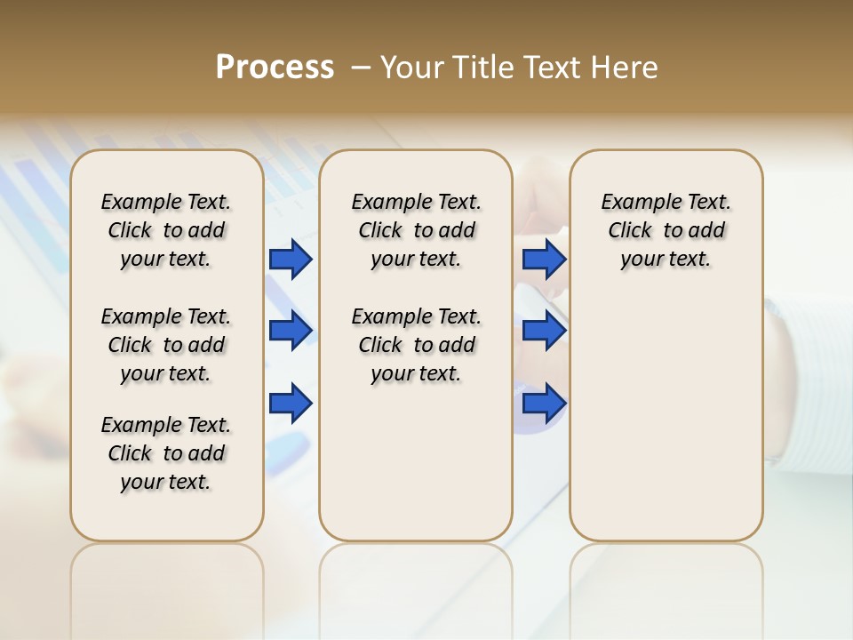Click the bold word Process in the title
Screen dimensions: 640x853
pos(275,68)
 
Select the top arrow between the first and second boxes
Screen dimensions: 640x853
pos(291,260)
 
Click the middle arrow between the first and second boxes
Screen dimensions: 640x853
pos(291,332)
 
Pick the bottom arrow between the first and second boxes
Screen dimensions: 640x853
pos(291,404)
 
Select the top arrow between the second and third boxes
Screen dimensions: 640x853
pos(544,260)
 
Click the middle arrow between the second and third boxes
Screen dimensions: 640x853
pos(544,332)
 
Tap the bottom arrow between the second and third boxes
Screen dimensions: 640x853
pos(544,404)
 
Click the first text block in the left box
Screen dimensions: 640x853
pos(166,230)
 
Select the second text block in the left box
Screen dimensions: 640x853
pos(166,345)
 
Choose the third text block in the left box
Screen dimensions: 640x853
pos(166,453)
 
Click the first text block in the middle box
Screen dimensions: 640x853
pos(416,230)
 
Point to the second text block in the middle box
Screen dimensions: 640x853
pos(416,345)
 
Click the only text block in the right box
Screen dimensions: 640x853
pos(666,230)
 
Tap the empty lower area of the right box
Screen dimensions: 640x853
pos(666,418)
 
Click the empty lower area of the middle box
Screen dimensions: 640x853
pos(416,462)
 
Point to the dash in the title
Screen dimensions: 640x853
pos(361,68)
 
